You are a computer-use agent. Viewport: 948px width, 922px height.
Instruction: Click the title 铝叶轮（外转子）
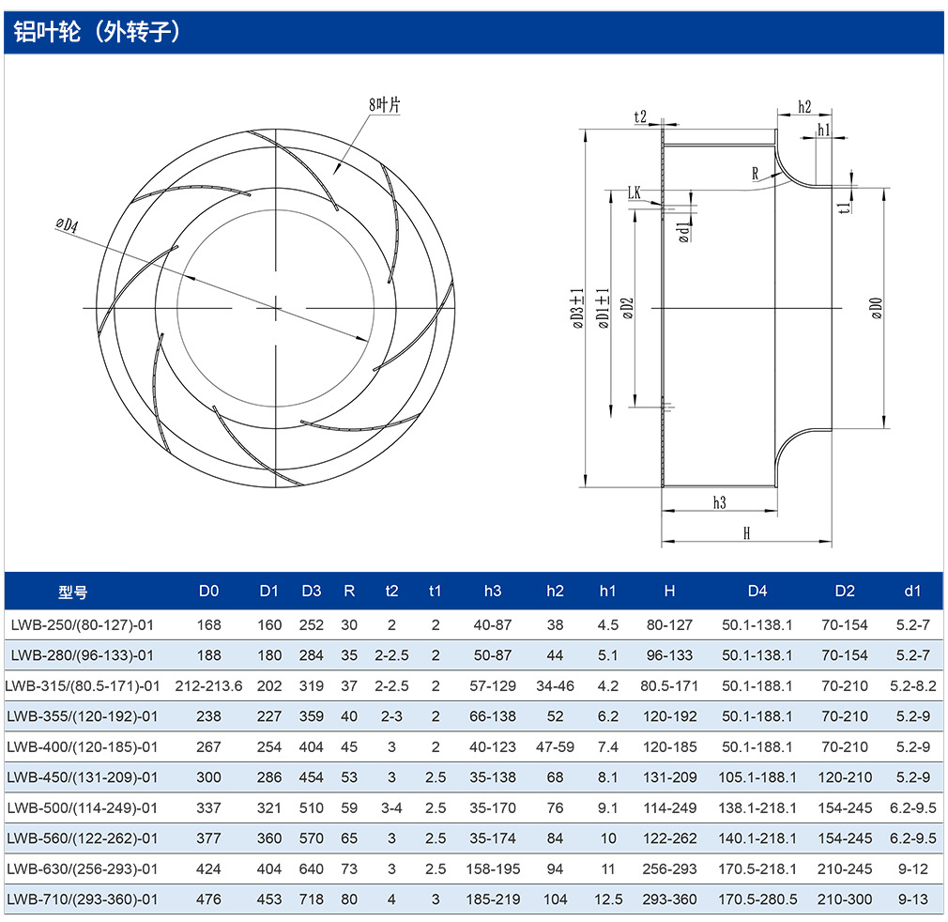point(97,31)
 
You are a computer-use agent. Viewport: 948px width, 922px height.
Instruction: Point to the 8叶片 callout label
point(385,104)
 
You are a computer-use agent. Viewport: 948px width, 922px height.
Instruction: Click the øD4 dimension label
point(67,225)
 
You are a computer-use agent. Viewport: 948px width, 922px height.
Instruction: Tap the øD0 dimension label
point(877,308)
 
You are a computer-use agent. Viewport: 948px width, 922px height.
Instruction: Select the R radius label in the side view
point(756,174)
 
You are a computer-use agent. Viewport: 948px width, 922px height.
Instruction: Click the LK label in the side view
point(634,192)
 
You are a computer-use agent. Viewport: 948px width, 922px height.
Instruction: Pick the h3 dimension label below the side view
point(719,503)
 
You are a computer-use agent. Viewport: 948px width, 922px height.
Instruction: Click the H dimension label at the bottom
point(747,533)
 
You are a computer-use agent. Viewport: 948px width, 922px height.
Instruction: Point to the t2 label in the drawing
point(640,116)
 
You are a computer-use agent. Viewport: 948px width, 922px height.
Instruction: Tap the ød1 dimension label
point(684,232)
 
